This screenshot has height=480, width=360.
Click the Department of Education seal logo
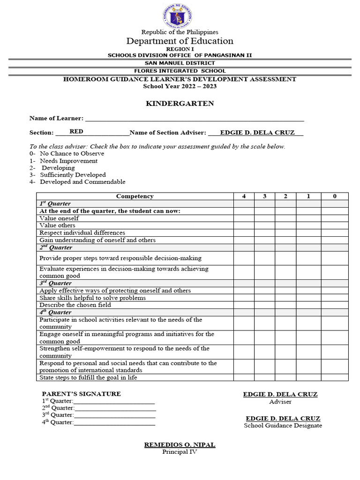point(180,16)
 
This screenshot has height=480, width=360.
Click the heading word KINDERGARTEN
point(180,104)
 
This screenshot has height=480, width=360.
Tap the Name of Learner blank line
point(194,119)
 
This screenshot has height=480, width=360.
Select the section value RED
point(76,132)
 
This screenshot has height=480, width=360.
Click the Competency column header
point(135,196)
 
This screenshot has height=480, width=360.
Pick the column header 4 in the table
point(244,196)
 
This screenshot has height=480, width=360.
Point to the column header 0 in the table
point(334,196)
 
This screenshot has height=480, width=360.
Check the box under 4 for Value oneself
point(244,218)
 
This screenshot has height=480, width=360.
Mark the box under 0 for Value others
point(334,225)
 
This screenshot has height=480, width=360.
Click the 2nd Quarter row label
point(56,247)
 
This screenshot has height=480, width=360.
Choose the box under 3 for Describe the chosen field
point(264,305)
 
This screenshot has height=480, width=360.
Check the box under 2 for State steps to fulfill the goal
point(285,377)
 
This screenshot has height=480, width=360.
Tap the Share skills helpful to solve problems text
point(92,298)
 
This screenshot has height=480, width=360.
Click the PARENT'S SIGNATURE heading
point(81,394)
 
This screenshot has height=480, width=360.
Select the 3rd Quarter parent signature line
point(114,415)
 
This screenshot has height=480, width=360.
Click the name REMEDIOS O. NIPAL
point(180,444)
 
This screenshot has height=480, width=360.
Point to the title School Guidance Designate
point(283,426)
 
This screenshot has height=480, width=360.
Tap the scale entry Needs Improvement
point(68,161)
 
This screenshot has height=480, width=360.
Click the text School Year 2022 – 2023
point(180,86)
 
